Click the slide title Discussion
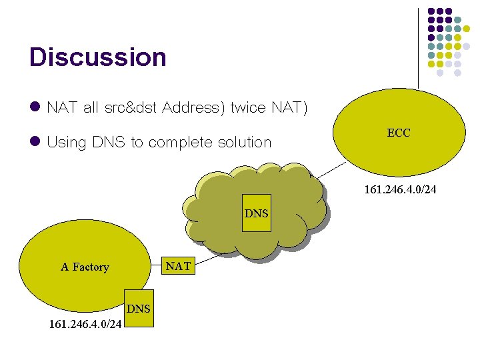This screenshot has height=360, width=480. coord(97,57)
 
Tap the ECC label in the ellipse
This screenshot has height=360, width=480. coord(399,133)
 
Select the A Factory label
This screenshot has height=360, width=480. coord(85,267)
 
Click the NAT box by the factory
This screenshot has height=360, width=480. coord(178,267)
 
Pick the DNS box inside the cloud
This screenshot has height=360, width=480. coord(257,214)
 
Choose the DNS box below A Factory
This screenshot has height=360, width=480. coord(139,309)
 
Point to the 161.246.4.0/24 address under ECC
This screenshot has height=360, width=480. coord(400,190)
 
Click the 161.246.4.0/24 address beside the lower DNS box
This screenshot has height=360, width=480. coord(85,325)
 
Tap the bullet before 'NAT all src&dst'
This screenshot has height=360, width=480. coord(35,107)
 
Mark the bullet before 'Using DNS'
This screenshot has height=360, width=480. coord(35,141)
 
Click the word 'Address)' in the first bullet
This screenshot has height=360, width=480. coord(193,108)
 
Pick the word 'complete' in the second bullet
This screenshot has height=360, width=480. coord(179,143)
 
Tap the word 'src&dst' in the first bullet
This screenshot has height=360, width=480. coord(131,108)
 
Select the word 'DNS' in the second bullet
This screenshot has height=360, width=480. coord(107,142)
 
